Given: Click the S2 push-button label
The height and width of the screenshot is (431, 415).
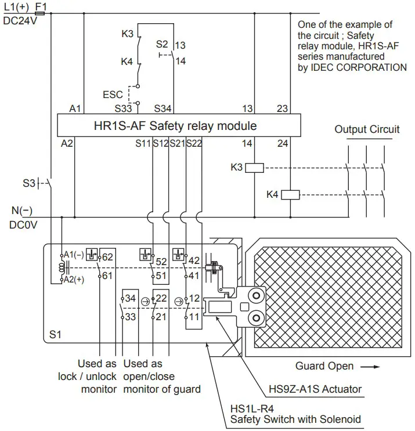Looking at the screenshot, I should point(162,44).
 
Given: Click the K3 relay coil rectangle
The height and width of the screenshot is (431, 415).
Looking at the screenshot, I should point(255,168).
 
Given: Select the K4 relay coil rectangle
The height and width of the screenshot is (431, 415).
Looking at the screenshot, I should point(290,194).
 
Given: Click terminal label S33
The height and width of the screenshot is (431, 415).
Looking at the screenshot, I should point(122,108).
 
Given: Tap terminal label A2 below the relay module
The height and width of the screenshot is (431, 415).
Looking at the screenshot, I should point(67,143).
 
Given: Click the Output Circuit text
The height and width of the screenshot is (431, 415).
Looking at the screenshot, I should point(367,129).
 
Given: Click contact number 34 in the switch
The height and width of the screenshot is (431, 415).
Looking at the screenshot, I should point(131,298).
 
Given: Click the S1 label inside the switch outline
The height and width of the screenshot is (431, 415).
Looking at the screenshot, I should point(56,335).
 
